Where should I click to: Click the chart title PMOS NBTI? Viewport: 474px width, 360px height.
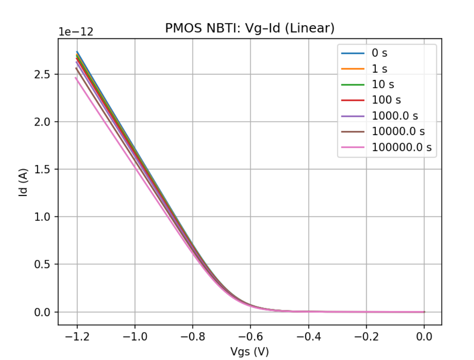coord(250,28)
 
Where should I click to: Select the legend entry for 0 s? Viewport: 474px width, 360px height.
coord(379,53)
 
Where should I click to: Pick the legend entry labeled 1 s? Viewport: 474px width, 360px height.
coord(379,69)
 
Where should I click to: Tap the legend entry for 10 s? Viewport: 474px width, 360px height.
coord(382,85)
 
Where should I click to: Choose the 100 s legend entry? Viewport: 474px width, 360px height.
coord(386,100)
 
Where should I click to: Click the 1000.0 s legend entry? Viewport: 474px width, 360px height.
coord(395,116)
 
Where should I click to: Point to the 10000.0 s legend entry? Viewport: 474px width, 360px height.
coord(398,131)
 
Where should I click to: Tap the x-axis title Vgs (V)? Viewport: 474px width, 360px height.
coord(250,351)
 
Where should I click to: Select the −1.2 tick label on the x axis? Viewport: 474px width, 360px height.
coord(77,337)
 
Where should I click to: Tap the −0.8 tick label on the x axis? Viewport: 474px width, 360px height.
coord(192,337)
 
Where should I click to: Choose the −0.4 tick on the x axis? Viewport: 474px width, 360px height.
coord(308,337)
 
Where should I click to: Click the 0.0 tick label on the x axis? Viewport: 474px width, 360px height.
coord(424,337)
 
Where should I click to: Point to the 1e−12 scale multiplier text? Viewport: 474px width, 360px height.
coord(76,32)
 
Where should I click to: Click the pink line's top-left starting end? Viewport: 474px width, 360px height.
coord(76,78)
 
